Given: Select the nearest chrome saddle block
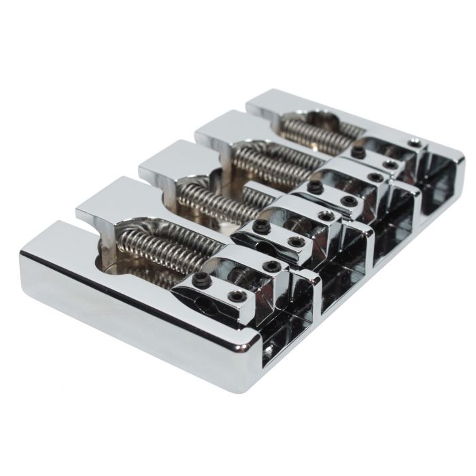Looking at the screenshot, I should tap(238, 279).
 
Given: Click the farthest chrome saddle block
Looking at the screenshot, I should tap(381, 153).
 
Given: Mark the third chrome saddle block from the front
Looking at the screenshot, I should tap(340, 187).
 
